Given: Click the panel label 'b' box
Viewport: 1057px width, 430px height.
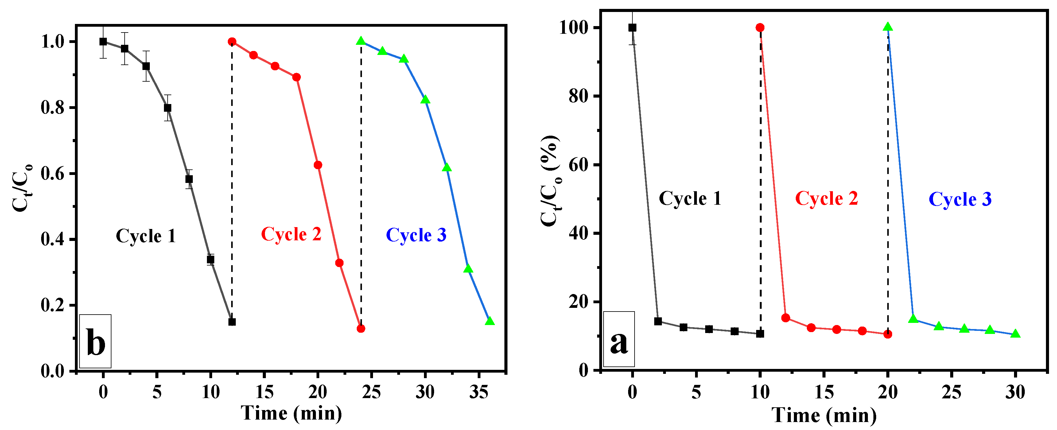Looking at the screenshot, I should [95, 341].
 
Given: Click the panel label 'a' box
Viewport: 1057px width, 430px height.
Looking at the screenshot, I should [619, 339].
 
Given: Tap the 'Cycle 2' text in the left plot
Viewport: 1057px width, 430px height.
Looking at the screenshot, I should [291, 234].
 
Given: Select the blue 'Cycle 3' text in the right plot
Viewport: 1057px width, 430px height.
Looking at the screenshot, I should [960, 200].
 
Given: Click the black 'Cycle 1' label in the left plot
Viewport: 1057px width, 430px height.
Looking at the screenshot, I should [146, 236].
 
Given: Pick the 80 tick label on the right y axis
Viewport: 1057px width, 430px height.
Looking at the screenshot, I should [579, 96].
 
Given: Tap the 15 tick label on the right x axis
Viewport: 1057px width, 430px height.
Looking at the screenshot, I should [824, 392].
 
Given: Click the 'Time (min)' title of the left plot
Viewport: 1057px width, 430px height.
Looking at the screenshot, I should [291, 413].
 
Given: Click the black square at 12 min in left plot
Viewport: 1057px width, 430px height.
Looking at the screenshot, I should [232, 322].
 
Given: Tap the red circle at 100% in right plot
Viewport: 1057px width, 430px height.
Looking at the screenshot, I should [760, 28].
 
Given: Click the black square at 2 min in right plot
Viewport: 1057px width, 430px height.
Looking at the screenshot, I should [658, 321].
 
